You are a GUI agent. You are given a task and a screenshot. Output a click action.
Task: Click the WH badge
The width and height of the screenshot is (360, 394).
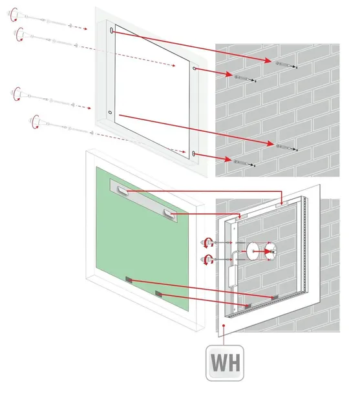tap(225, 362)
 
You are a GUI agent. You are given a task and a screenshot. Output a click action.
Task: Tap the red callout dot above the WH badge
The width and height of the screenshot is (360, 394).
tap(224, 326)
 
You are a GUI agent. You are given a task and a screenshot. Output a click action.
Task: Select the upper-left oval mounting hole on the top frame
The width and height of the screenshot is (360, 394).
tap(111, 30)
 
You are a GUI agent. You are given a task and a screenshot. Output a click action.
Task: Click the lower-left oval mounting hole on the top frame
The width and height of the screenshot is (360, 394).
tap(110, 112)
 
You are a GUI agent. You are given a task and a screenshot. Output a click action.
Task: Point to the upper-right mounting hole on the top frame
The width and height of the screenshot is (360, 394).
tap(195, 68)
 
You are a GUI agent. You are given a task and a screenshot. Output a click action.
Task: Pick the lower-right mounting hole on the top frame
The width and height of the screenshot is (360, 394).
tap(193, 154)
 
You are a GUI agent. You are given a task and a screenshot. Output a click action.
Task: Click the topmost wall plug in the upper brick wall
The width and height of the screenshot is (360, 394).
tap(286, 65)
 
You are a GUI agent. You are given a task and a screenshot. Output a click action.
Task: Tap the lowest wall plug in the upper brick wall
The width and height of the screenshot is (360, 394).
tap(244, 163)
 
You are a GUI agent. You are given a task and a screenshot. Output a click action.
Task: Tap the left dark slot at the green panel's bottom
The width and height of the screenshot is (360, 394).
tap(129, 280)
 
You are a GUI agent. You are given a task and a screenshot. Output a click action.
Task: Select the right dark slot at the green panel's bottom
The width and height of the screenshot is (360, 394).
tap(158, 294)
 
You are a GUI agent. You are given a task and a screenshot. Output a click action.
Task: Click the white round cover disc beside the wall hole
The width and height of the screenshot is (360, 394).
tap(253, 251)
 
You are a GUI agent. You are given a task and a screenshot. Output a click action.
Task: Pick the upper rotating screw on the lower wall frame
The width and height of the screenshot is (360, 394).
tap(207, 243)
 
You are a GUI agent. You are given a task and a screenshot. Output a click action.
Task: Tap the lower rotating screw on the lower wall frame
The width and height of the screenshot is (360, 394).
tap(207, 260)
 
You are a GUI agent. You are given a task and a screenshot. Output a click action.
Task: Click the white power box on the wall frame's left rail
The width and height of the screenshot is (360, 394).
tap(232, 276)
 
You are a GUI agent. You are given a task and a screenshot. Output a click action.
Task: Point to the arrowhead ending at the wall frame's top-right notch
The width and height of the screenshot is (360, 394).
tap(282, 202)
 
